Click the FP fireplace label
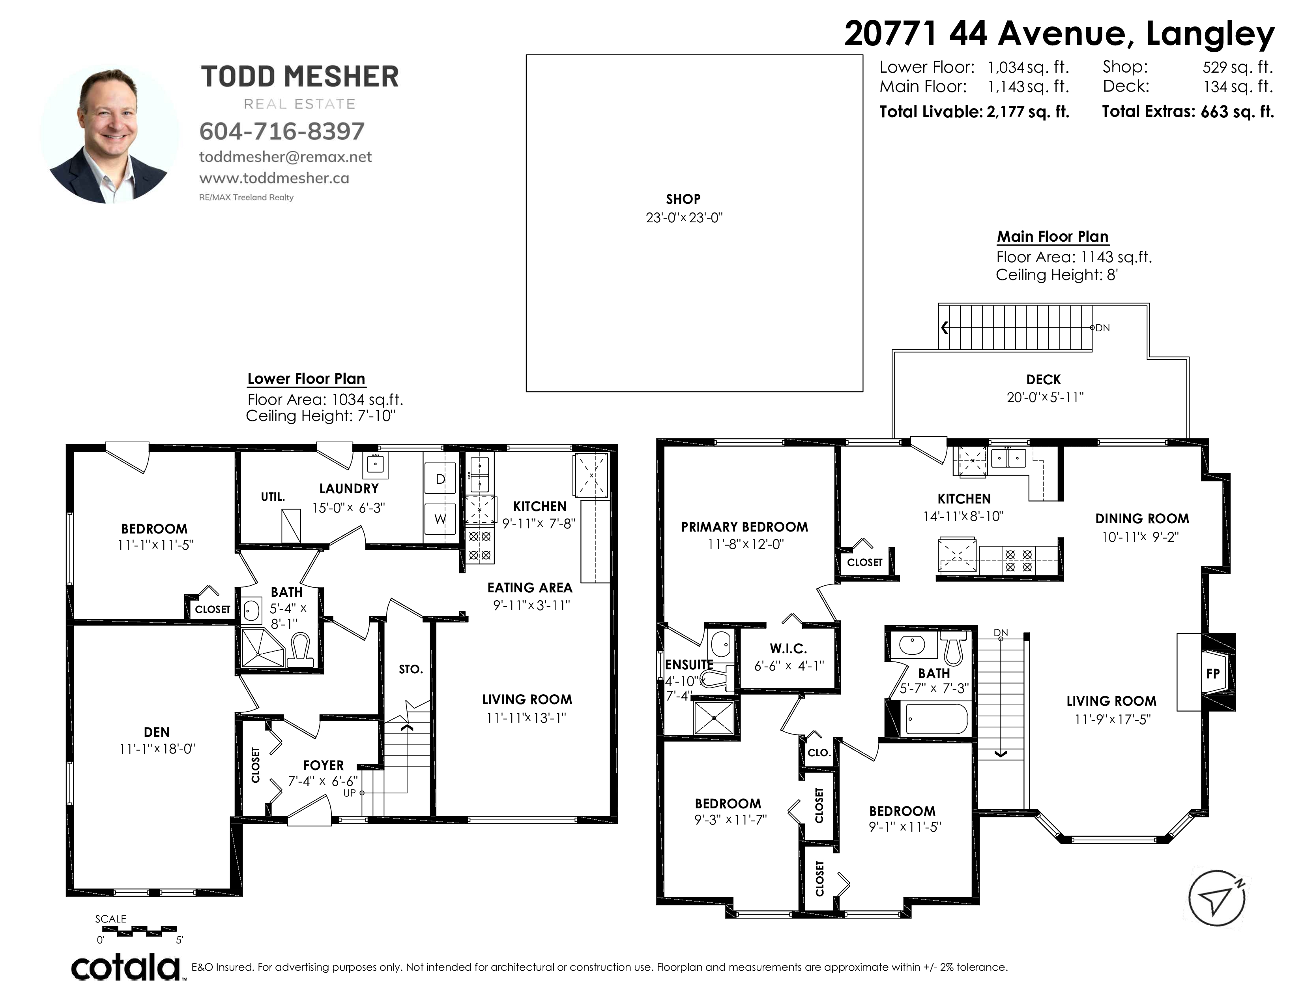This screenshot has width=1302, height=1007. [x=1212, y=674]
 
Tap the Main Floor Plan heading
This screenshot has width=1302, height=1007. [x=1053, y=237]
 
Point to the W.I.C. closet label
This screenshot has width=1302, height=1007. [x=788, y=648]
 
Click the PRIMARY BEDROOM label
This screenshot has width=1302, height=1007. [x=745, y=527]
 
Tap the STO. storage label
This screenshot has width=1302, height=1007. [x=411, y=669]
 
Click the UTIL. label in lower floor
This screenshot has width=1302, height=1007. [x=273, y=496]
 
